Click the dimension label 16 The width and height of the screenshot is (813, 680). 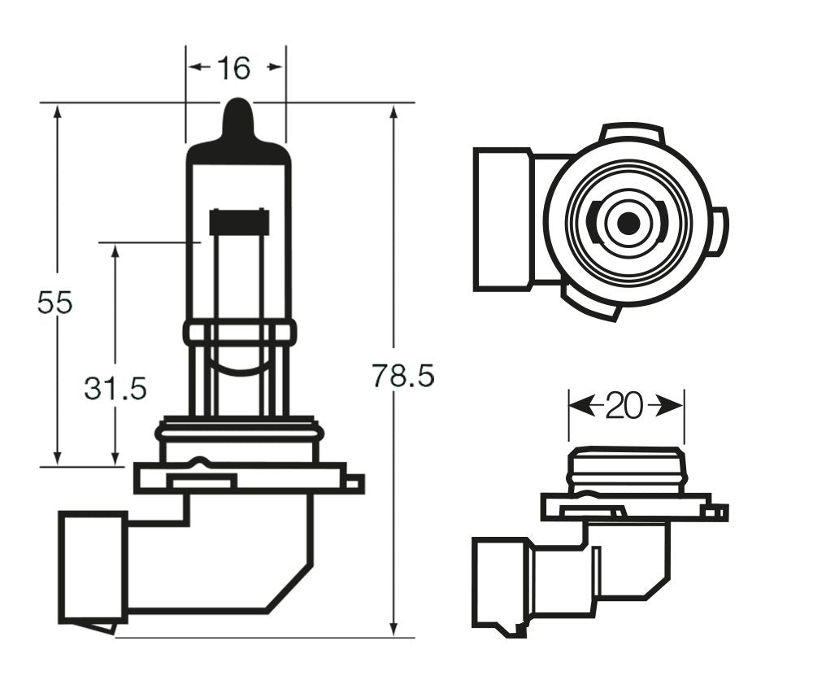(x=234, y=68)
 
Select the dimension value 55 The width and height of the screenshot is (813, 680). (x=54, y=303)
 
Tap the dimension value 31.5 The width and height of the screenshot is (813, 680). (x=115, y=389)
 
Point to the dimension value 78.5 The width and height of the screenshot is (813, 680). (x=403, y=376)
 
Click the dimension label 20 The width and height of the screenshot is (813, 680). (x=624, y=406)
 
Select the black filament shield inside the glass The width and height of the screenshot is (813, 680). (x=239, y=222)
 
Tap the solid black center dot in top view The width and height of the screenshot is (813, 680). (x=627, y=223)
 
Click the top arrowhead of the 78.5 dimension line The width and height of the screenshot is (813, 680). (x=393, y=114)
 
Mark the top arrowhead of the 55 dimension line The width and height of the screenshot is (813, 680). (x=57, y=114)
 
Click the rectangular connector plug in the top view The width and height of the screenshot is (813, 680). (x=502, y=220)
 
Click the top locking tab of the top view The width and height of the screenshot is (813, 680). (x=633, y=133)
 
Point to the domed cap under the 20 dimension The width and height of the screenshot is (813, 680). (x=626, y=470)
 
